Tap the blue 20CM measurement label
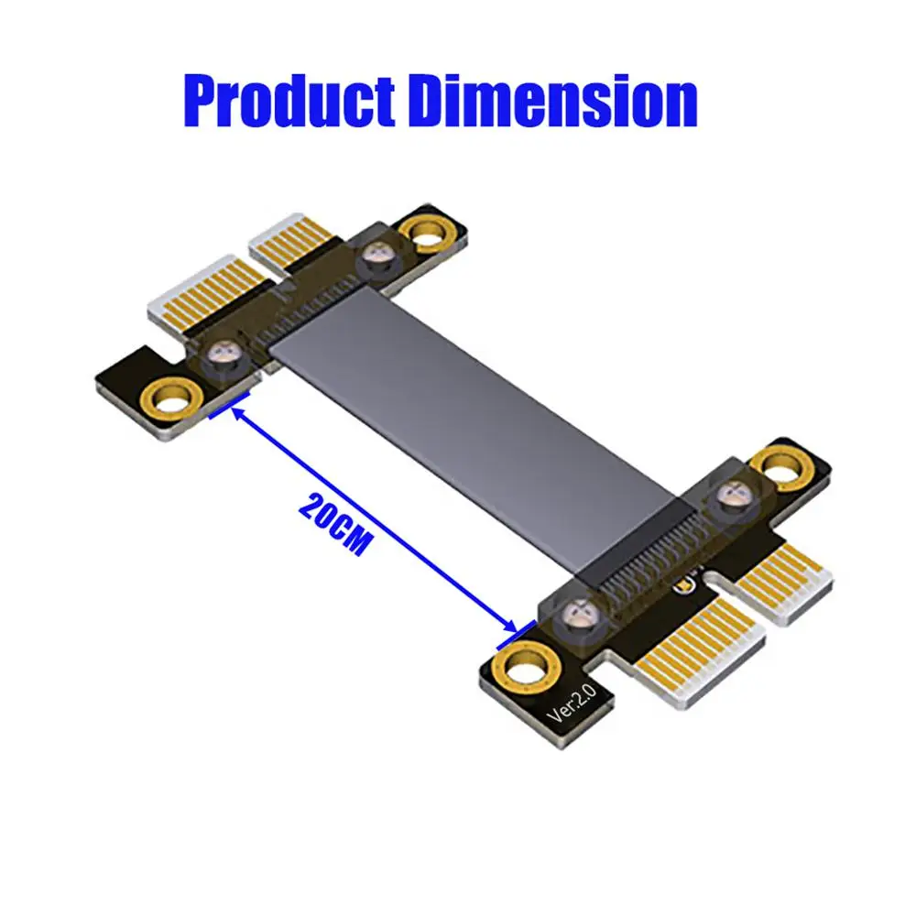pyautogui.click(x=334, y=524)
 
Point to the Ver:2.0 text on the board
pyautogui.click(x=572, y=703)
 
